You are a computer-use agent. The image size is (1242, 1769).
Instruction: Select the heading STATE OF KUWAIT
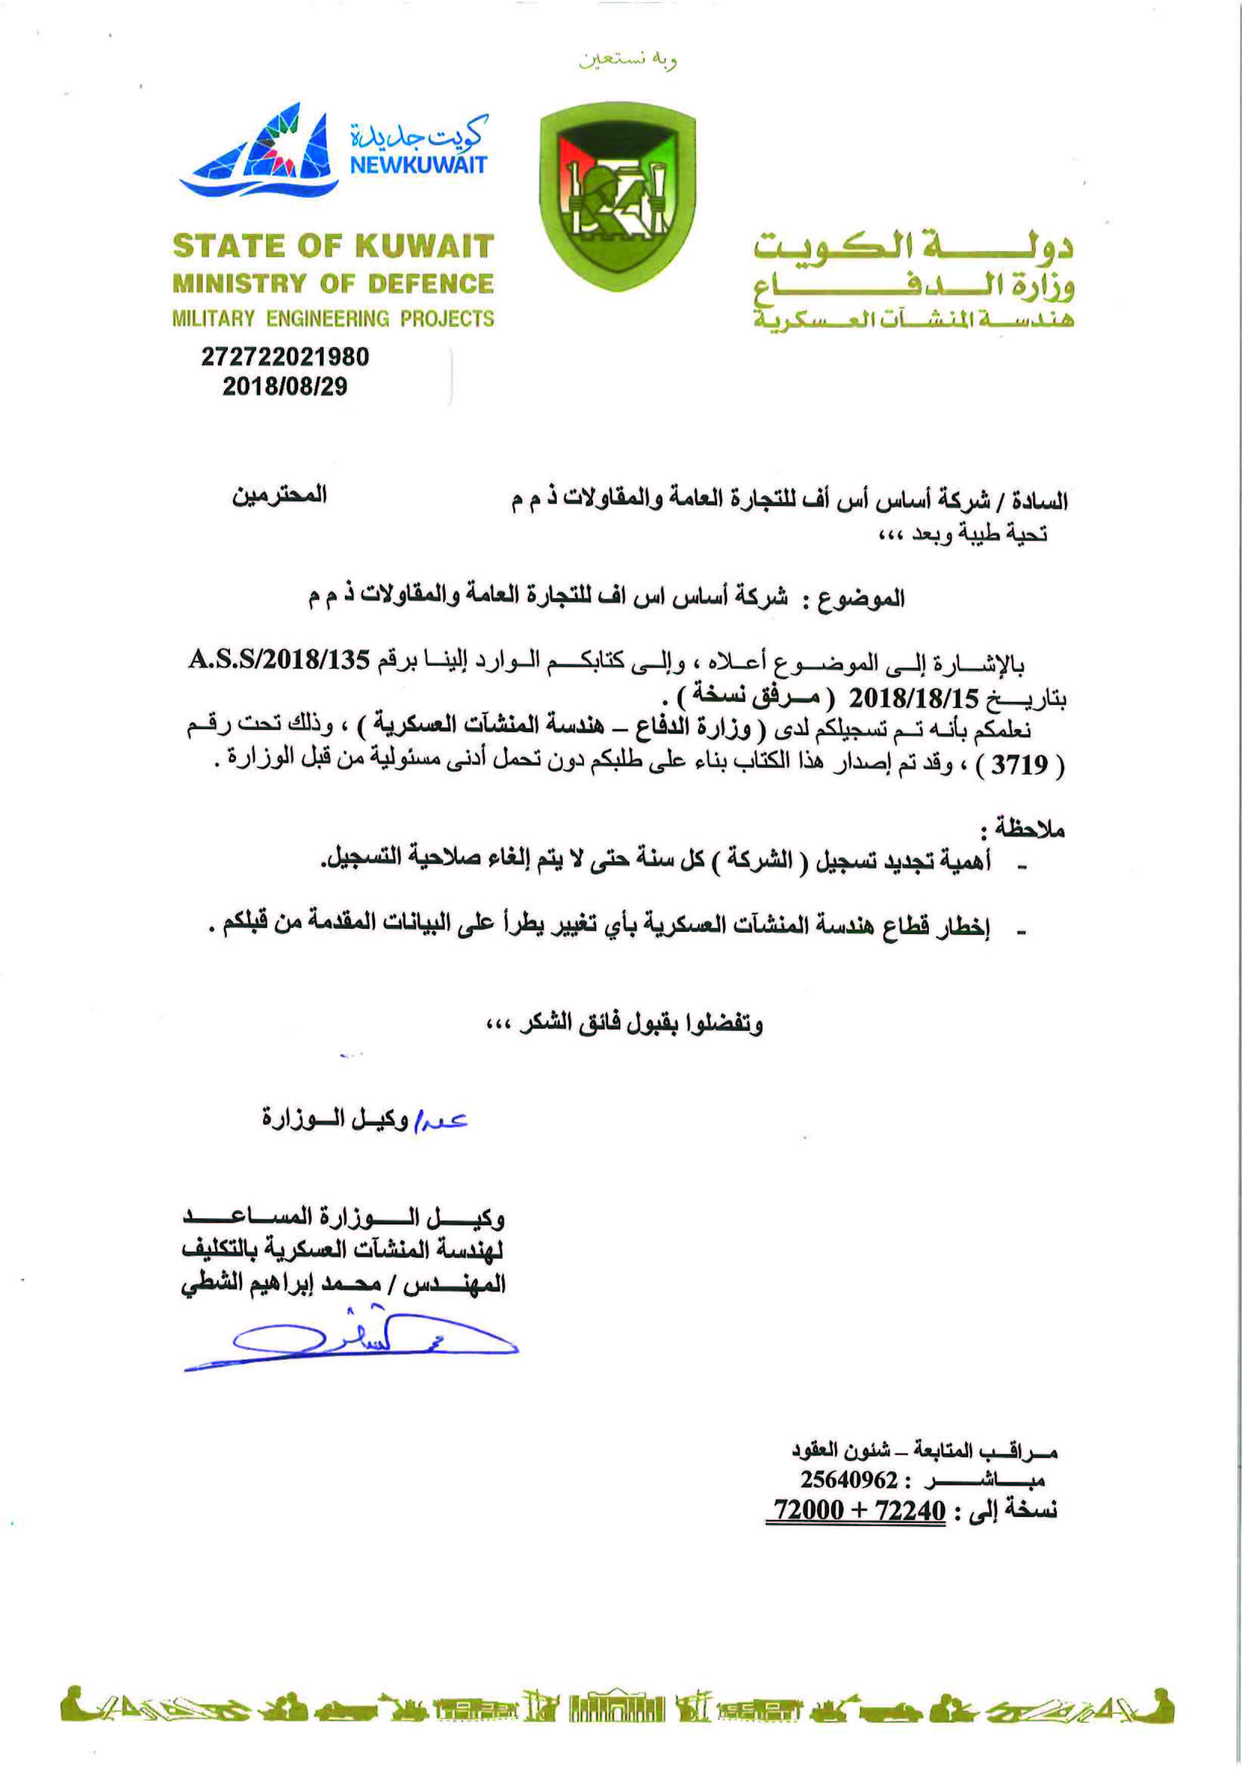(333, 247)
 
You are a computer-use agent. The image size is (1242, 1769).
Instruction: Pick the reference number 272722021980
(285, 357)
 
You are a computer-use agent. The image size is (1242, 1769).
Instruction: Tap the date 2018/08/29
(285, 386)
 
